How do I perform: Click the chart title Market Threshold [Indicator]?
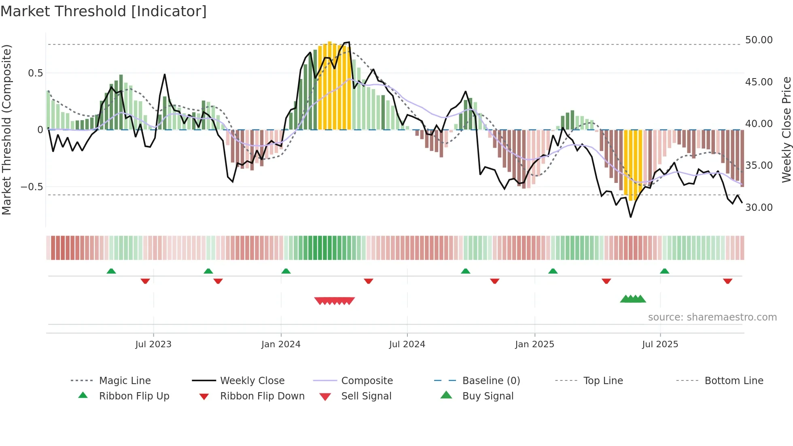[x=104, y=11]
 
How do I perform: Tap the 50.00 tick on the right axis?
[x=759, y=40]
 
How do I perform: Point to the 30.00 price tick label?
[x=759, y=208]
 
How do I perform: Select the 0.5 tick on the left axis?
[x=35, y=73]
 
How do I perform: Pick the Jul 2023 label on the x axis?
[x=153, y=344]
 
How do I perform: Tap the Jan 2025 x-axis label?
[x=534, y=344]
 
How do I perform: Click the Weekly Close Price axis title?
[x=786, y=130]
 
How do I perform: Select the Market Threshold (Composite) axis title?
[x=6, y=130]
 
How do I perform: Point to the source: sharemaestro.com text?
[x=712, y=317]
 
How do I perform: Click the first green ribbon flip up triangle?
[x=111, y=271]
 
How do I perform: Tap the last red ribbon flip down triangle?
[x=727, y=281]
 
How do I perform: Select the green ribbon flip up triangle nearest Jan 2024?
[x=286, y=271]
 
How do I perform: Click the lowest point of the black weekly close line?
[x=630, y=217]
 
